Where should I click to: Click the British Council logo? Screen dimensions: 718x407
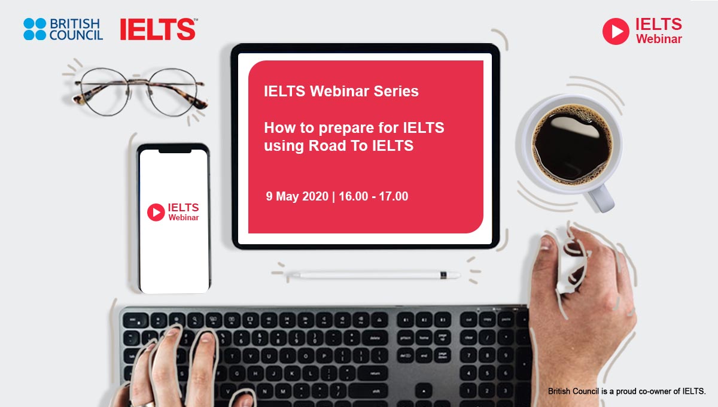[63, 29]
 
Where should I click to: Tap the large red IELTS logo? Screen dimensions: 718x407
[159, 29]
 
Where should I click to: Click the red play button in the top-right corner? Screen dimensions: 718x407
[616, 31]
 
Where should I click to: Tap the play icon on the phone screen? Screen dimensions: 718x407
[156, 212]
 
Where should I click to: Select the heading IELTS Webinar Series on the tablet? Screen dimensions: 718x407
[341, 91]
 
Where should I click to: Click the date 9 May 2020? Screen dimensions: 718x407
[297, 196]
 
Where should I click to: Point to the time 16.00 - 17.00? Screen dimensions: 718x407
[373, 196]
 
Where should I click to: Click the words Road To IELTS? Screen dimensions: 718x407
[361, 145]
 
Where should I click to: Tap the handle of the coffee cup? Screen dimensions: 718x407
[600, 199]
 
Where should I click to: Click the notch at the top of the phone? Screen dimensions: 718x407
[175, 151]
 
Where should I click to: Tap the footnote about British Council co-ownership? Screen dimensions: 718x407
[626, 391]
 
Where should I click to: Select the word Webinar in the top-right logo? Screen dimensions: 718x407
[659, 39]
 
